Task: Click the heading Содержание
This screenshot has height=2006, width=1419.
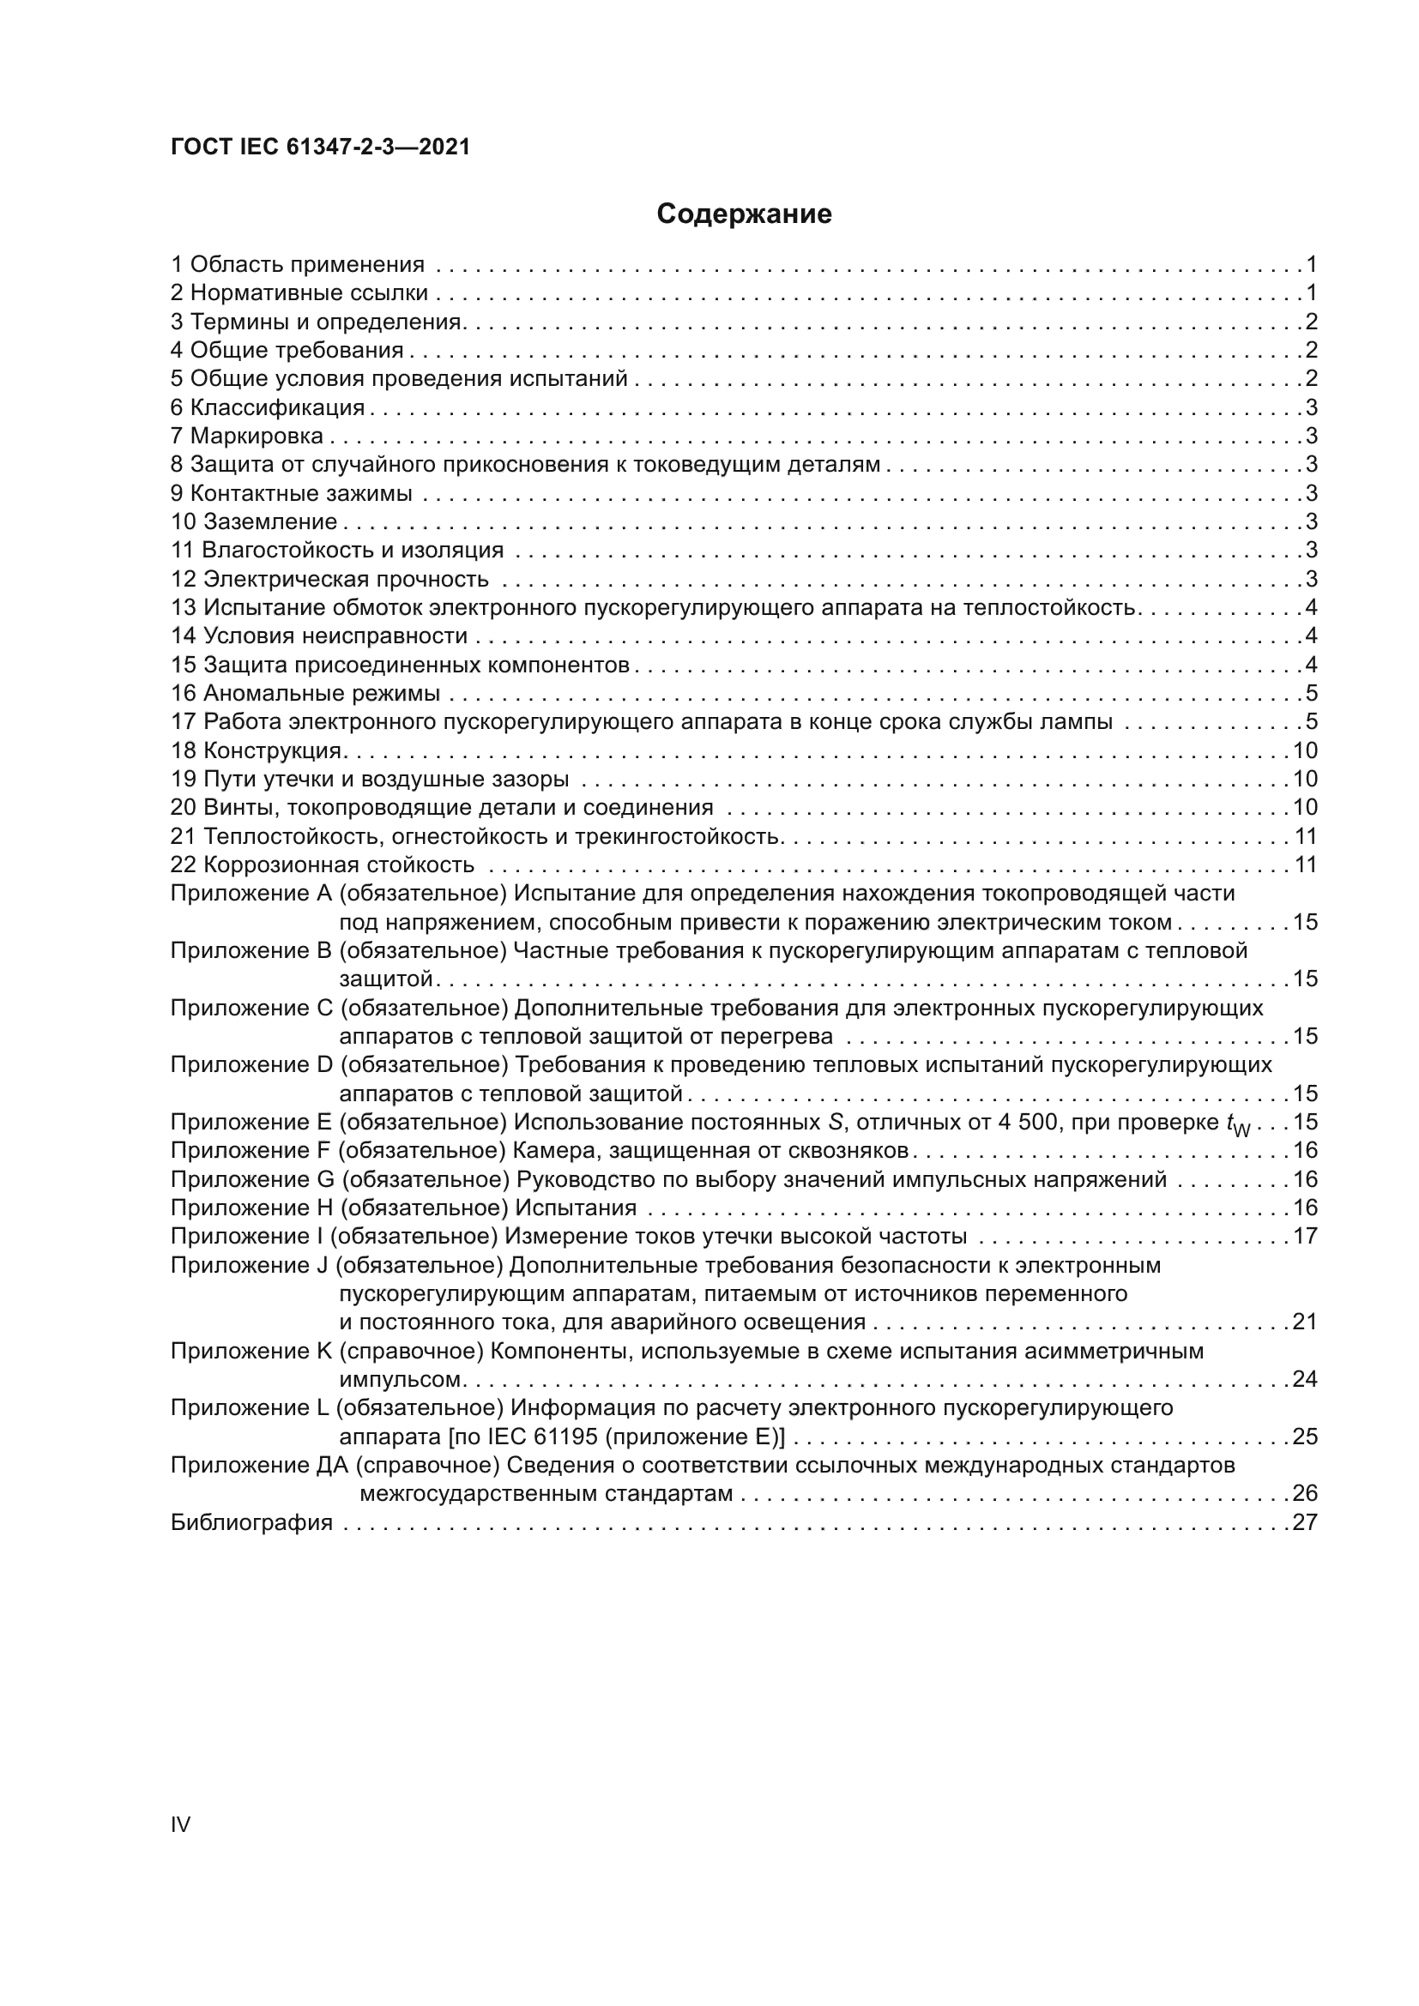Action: (x=744, y=214)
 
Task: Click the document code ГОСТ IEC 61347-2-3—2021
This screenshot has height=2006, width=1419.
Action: (x=320, y=148)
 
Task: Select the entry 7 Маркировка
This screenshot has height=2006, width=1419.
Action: (x=247, y=436)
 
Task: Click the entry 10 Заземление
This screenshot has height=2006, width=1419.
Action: (x=253, y=521)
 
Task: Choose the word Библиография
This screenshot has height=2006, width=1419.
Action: (x=251, y=1523)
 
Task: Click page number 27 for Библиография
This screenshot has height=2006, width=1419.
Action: (x=1305, y=1523)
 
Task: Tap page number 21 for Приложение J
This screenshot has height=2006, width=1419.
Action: (x=1305, y=1322)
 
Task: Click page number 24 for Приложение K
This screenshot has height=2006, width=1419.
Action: (x=1305, y=1380)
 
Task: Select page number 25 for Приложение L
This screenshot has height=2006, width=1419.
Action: (x=1305, y=1437)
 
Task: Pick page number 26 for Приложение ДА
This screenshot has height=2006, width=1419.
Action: (x=1305, y=1494)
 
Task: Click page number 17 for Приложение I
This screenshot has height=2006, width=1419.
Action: (x=1305, y=1237)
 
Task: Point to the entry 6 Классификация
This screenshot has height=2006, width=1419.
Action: (x=268, y=407)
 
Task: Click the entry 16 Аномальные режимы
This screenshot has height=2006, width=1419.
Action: (x=305, y=694)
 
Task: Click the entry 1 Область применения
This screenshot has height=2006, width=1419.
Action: (x=297, y=264)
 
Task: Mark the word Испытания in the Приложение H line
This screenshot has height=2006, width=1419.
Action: (x=576, y=1208)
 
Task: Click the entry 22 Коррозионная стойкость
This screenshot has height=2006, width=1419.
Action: (x=323, y=865)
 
